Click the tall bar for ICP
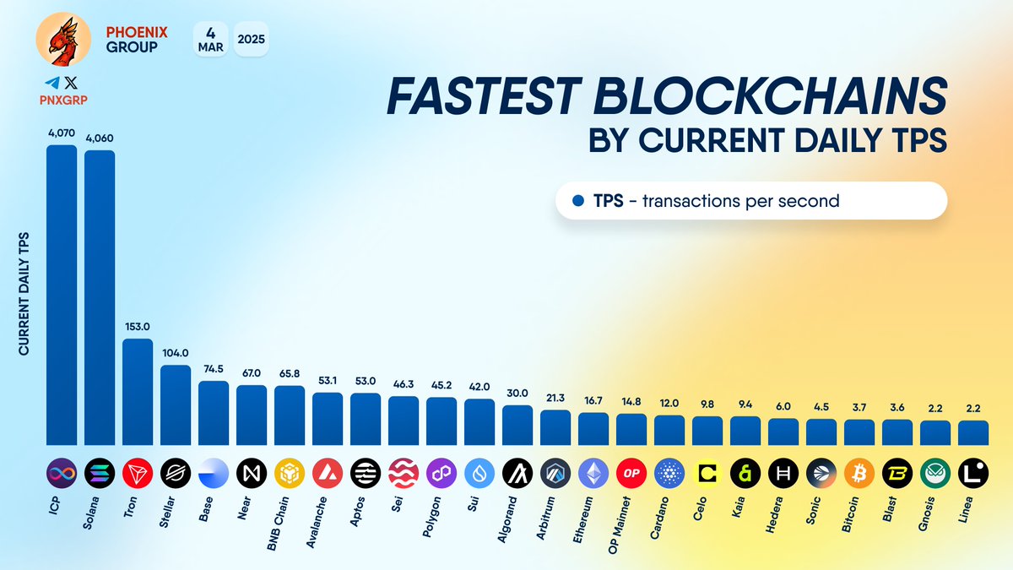(62, 296)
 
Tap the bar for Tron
(138, 393)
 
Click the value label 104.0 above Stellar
(176, 354)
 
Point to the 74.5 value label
(214, 369)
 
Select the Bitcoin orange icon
(859, 472)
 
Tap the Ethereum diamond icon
(593, 472)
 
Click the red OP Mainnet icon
(631, 472)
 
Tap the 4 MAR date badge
(210, 39)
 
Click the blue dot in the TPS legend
(578, 201)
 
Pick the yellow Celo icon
(707, 472)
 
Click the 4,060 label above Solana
(100, 138)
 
